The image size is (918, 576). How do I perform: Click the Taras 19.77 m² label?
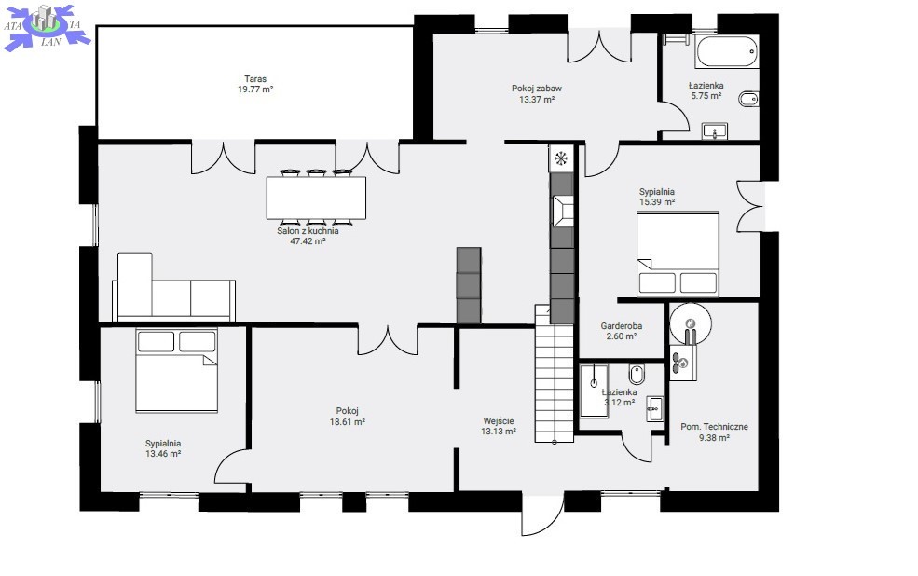pyautogui.click(x=255, y=84)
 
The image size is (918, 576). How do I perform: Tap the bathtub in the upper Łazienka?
pyautogui.click(x=727, y=51)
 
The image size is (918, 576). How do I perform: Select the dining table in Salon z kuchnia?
pyautogui.click(x=316, y=198)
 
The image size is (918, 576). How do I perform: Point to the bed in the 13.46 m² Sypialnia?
pyautogui.click(x=176, y=370)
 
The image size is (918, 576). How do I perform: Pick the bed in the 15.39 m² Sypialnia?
pyautogui.click(x=678, y=254)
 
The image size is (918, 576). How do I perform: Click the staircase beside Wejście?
pyautogui.click(x=554, y=373)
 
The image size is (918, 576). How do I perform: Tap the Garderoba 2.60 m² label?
pyautogui.click(x=622, y=331)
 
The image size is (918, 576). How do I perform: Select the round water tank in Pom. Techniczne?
pyautogui.click(x=691, y=323)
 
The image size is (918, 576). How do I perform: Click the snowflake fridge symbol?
pyautogui.click(x=561, y=158)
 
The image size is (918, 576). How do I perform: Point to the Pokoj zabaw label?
pyautogui.click(x=536, y=89)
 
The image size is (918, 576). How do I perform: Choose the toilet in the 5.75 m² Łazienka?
pyautogui.click(x=748, y=100)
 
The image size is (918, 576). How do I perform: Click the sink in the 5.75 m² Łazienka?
pyautogui.click(x=714, y=131)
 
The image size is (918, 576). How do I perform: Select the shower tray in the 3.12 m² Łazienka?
pyautogui.click(x=594, y=391)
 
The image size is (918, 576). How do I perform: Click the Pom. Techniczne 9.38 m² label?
pyautogui.click(x=714, y=432)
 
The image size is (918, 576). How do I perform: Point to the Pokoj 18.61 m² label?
pyautogui.click(x=348, y=417)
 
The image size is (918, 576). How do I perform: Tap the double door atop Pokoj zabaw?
pyautogui.click(x=599, y=47)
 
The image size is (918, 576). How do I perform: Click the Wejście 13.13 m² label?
pyautogui.click(x=499, y=426)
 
